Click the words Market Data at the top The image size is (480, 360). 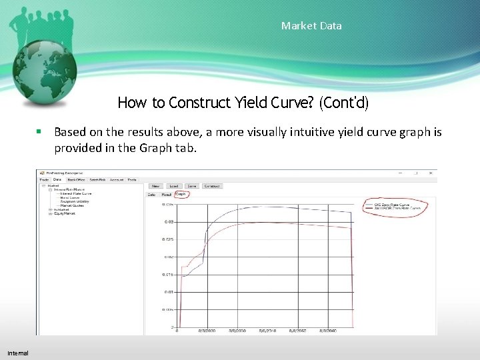point(311,26)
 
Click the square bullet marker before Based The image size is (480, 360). point(41,132)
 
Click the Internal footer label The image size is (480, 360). point(18,352)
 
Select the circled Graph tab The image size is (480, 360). point(181,195)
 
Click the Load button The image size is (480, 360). point(173,186)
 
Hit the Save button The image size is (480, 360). point(191,186)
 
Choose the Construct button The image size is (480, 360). point(213,186)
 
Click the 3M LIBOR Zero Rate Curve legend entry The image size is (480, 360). point(399,209)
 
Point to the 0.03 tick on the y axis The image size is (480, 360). point(169,221)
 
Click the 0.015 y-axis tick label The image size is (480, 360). point(167,275)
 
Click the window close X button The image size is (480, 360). point(433,172)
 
